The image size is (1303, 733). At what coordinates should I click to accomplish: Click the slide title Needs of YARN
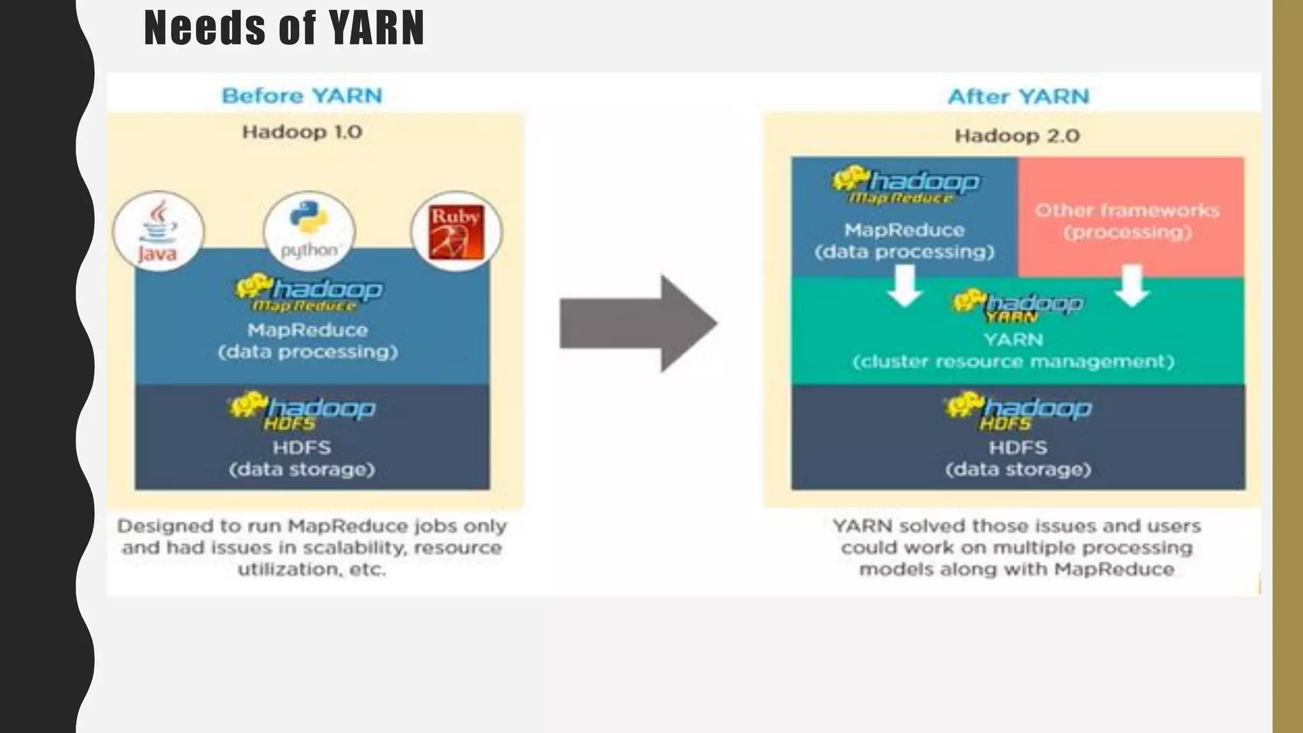[x=284, y=28]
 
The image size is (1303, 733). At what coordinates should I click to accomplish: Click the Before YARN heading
[x=302, y=96]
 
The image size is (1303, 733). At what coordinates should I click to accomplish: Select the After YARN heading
[x=1018, y=97]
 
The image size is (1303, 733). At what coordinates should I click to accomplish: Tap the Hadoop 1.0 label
[x=302, y=132]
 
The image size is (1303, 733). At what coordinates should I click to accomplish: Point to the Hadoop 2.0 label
[x=1017, y=136]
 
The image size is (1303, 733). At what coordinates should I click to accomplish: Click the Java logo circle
[x=158, y=232]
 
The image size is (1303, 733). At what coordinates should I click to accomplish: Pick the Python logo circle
[x=309, y=232]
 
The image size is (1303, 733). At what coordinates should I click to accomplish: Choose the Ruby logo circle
[x=456, y=232]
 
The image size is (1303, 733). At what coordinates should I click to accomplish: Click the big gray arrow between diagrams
[x=638, y=323]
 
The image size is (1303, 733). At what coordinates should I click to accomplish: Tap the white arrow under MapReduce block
[x=904, y=286]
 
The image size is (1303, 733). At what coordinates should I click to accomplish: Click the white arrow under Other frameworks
[x=1132, y=286]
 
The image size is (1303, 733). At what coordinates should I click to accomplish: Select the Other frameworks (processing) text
[x=1127, y=221]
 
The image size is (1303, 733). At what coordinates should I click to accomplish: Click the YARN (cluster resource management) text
[x=1013, y=351]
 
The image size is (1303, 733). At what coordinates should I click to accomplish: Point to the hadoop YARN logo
[x=1017, y=305]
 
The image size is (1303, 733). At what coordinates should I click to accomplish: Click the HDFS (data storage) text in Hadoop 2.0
[x=1018, y=458]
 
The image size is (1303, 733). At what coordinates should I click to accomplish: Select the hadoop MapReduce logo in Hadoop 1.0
[x=309, y=293]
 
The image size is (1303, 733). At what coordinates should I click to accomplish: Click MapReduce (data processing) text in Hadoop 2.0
[x=904, y=241]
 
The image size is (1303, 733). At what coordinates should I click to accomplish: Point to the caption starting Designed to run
[x=312, y=547]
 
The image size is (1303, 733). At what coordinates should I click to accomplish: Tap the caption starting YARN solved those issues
[x=1017, y=547]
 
